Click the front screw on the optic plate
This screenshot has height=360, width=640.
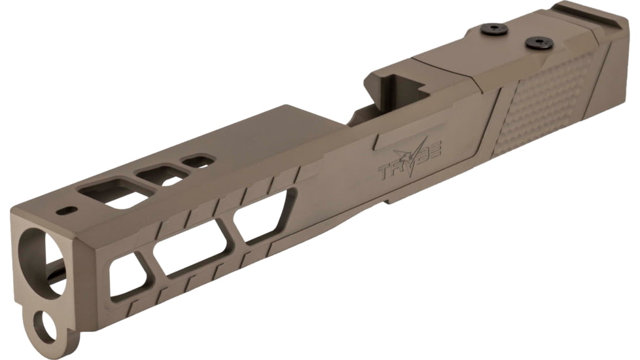pos(494,29)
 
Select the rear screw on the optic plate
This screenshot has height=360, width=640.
pos(539,43)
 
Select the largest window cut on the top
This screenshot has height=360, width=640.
pos(109,194)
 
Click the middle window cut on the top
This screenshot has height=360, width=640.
pos(160,175)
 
